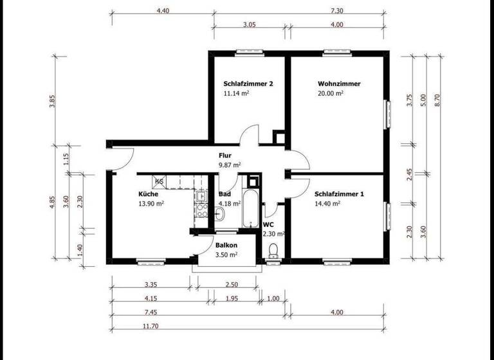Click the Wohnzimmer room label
[x=338, y=84]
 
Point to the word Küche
[x=148, y=194]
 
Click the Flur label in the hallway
[x=224, y=156]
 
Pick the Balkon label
[x=226, y=246]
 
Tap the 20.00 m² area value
[x=331, y=93]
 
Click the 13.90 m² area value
[x=151, y=203]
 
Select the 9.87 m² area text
[x=229, y=165]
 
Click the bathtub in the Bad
[x=251, y=206]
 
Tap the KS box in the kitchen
[x=160, y=182]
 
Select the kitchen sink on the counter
[x=201, y=196]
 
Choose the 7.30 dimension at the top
[x=335, y=11]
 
